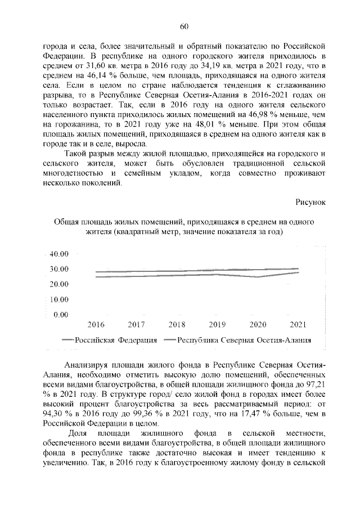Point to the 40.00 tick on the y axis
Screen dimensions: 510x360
coord(58,254)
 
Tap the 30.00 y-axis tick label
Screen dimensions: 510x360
coord(58,269)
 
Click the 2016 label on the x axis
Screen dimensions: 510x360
coord(96,325)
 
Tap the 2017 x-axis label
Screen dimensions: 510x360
coord(137,325)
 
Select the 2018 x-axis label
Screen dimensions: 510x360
coord(177,325)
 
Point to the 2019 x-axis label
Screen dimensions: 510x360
coord(217,325)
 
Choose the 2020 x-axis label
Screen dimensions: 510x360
coord(258,325)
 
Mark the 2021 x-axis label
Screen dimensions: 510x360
coord(298,325)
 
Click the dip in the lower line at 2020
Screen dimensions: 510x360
coord(258,277)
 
